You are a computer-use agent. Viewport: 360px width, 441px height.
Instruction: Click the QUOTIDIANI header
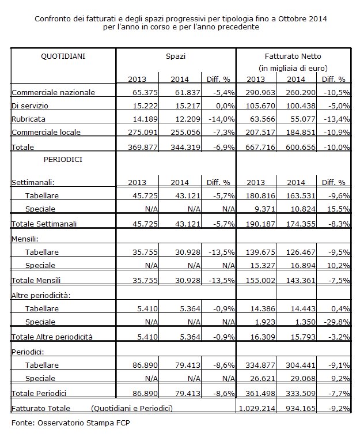tap(63, 56)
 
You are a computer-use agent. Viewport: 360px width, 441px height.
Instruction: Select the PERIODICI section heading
tap(63, 160)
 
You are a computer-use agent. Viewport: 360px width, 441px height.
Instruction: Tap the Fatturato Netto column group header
tap(293, 56)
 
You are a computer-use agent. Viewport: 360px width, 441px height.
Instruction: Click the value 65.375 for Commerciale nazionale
tap(145, 93)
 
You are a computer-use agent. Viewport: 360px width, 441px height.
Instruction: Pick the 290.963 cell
tap(260, 93)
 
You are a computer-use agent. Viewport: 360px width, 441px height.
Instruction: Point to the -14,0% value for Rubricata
tap(221, 119)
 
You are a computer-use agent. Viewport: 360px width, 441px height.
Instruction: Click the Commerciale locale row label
tap(46, 132)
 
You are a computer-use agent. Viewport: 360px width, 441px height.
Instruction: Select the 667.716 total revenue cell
tap(260, 147)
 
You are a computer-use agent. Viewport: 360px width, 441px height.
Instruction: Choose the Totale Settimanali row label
tap(44, 224)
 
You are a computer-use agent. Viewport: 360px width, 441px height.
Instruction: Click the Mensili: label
tap(25, 239)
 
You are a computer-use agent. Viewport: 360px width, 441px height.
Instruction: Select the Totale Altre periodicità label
tap(52, 337)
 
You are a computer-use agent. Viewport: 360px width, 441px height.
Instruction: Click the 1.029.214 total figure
tap(257, 408)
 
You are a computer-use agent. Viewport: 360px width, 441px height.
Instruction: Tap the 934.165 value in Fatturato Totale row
tap(301, 408)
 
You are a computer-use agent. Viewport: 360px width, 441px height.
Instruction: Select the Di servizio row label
tap(30, 105)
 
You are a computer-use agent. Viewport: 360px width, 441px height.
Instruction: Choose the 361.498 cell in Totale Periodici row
tap(260, 394)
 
